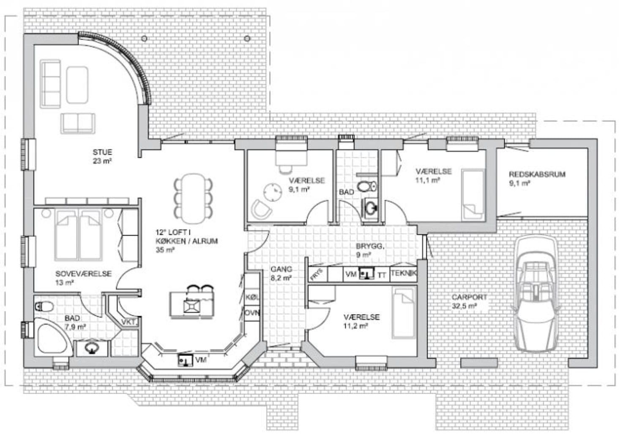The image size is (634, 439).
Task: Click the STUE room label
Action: point(102,152)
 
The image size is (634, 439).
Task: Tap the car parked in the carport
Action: point(535,293)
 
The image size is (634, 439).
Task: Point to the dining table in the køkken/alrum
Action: point(194,198)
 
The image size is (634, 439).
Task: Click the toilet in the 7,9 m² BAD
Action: point(44,306)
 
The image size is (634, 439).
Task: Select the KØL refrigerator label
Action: point(252,297)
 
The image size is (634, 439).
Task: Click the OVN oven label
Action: point(252,313)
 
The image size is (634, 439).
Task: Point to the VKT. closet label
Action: point(130,322)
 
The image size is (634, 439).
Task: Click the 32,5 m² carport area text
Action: point(464,306)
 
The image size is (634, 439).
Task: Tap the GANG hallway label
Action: point(281,269)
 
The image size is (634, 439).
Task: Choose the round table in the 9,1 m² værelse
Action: point(273,193)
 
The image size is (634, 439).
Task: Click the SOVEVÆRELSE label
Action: point(84,274)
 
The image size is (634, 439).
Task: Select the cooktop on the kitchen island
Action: point(192,306)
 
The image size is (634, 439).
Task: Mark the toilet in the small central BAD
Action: point(367,187)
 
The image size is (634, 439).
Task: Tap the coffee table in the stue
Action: point(77,85)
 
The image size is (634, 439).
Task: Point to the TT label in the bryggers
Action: point(382,275)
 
